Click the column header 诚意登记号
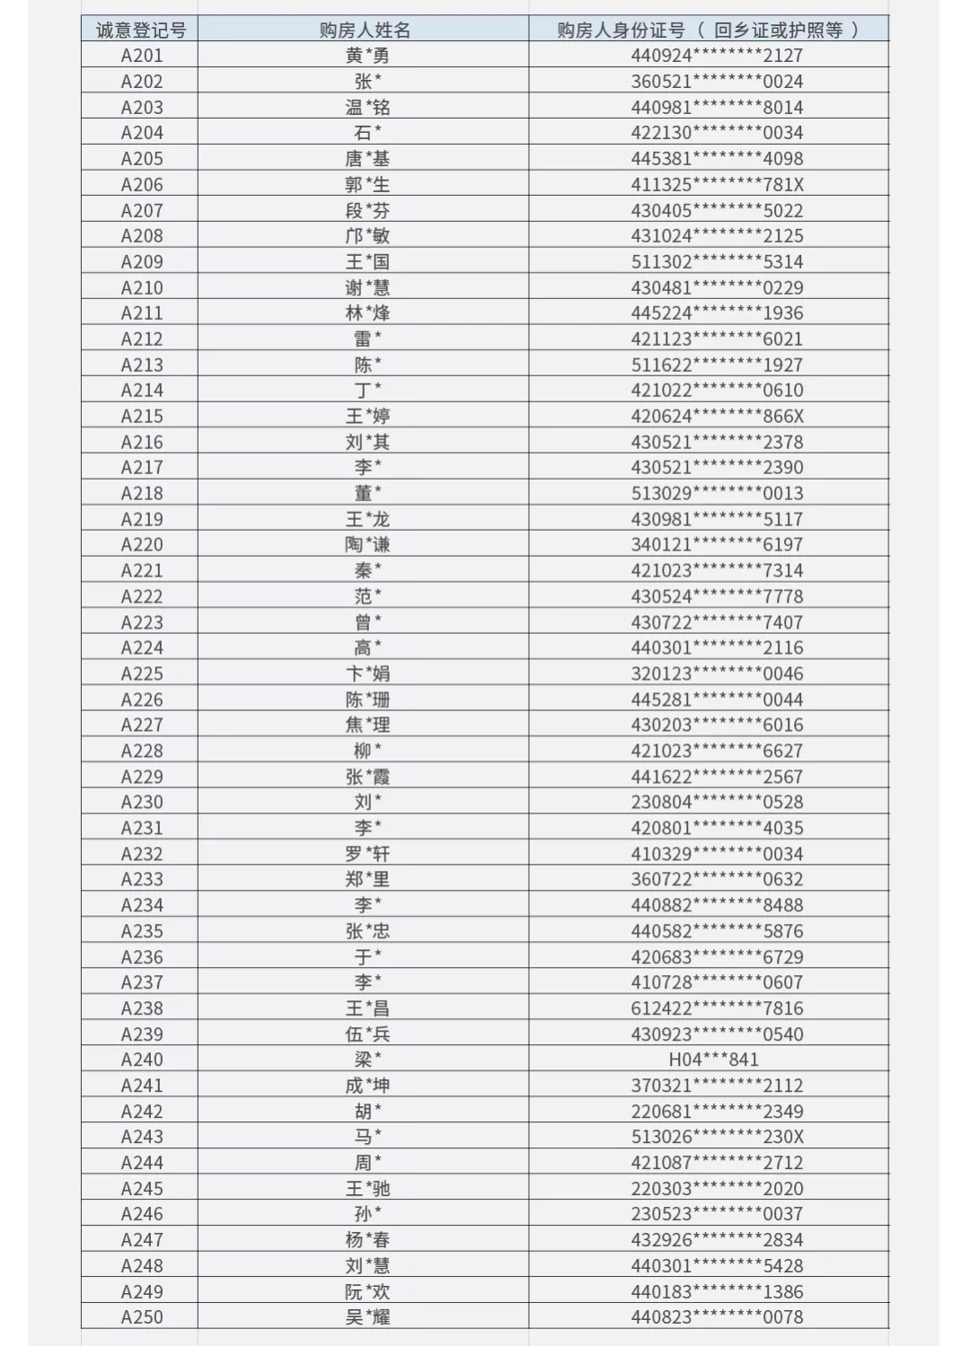(x=141, y=30)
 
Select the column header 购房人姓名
(x=365, y=30)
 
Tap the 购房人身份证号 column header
(x=708, y=30)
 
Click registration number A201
(x=142, y=56)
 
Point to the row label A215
(x=142, y=416)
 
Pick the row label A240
(x=142, y=1060)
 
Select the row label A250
(x=142, y=1317)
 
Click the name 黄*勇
(x=367, y=56)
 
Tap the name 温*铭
(x=367, y=107)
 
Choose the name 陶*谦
(x=367, y=544)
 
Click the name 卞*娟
(x=367, y=673)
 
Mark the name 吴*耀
(x=367, y=1317)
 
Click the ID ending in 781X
(x=717, y=184)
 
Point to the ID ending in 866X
(x=717, y=416)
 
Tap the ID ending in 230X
(x=717, y=1137)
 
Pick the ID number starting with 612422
(x=717, y=1008)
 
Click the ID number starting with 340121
(x=717, y=544)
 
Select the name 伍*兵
(x=367, y=1034)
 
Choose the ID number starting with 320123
(x=717, y=673)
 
